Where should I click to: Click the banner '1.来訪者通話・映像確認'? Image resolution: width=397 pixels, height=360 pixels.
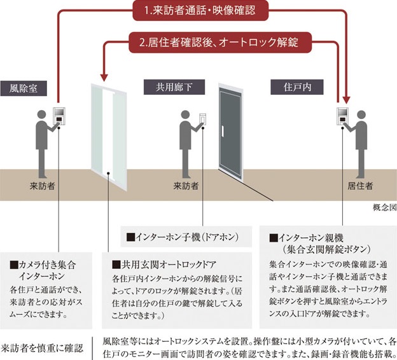click(x=199, y=10)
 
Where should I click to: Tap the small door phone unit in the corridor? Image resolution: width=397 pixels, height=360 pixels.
click(x=203, y=120)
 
